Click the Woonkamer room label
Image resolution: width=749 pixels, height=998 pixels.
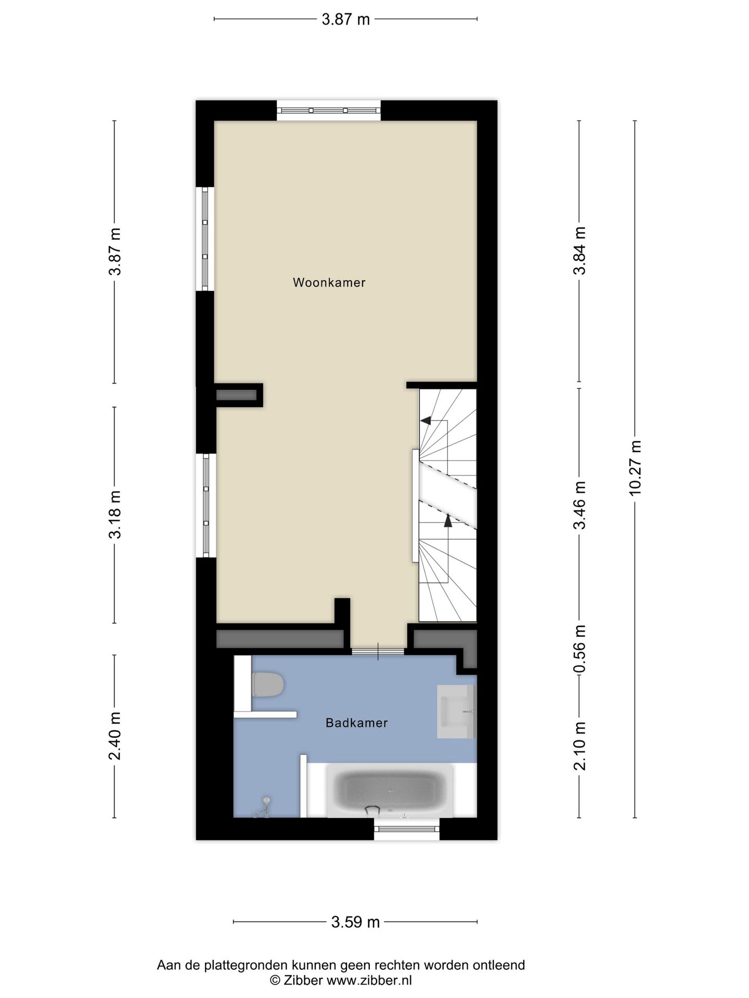[329, 283]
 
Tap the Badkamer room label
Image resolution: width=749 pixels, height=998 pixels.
[356, 723]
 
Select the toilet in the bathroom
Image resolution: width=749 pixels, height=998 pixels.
[267, 685]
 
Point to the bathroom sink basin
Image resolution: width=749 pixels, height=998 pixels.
[456, 711]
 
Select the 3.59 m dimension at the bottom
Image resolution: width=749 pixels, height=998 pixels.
[355, 922]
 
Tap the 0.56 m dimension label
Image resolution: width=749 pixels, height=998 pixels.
[579, 648]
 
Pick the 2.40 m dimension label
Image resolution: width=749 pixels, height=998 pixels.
[114, 736]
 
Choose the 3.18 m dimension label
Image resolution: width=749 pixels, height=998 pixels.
[114, 514]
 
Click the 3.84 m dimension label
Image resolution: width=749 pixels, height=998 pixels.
[579, 251]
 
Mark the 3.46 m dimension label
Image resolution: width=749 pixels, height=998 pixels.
[579, 505]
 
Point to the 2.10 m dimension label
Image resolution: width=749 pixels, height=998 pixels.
[579, 746]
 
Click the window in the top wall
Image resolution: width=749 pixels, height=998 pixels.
[328, 110]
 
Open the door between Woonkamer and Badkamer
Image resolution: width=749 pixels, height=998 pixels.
[378, 651]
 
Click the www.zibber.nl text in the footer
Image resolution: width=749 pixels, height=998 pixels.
[369, 980]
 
